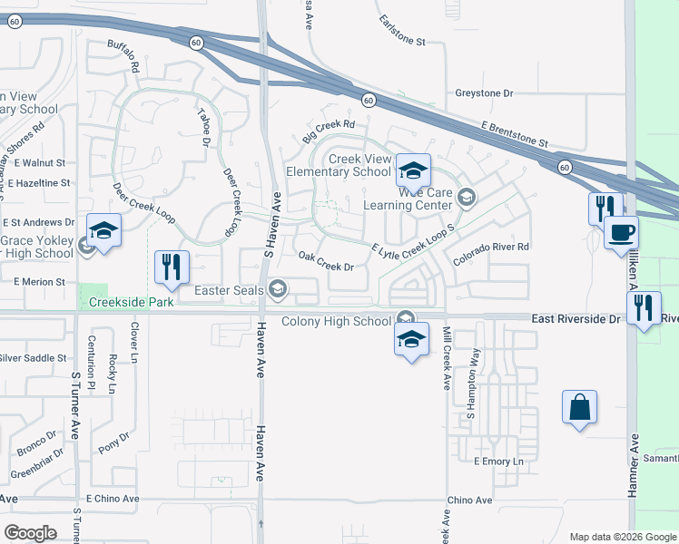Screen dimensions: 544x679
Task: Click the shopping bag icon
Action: click(579, 408)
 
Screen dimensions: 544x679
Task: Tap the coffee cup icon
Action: click(622, 233)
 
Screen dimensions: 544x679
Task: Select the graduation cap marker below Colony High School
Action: click(411, 339)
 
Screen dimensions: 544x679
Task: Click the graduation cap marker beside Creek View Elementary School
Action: click(413, 170)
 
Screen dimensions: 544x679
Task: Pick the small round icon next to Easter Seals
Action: click(277, 290)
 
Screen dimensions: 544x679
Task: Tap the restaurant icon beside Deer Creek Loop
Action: click(172, 267)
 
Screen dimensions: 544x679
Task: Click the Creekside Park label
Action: click(128, 300)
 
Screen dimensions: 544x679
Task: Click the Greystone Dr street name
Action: click(484, 93)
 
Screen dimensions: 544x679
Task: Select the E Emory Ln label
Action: click(499, 461)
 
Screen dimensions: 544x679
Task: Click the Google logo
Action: click(30, 533)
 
